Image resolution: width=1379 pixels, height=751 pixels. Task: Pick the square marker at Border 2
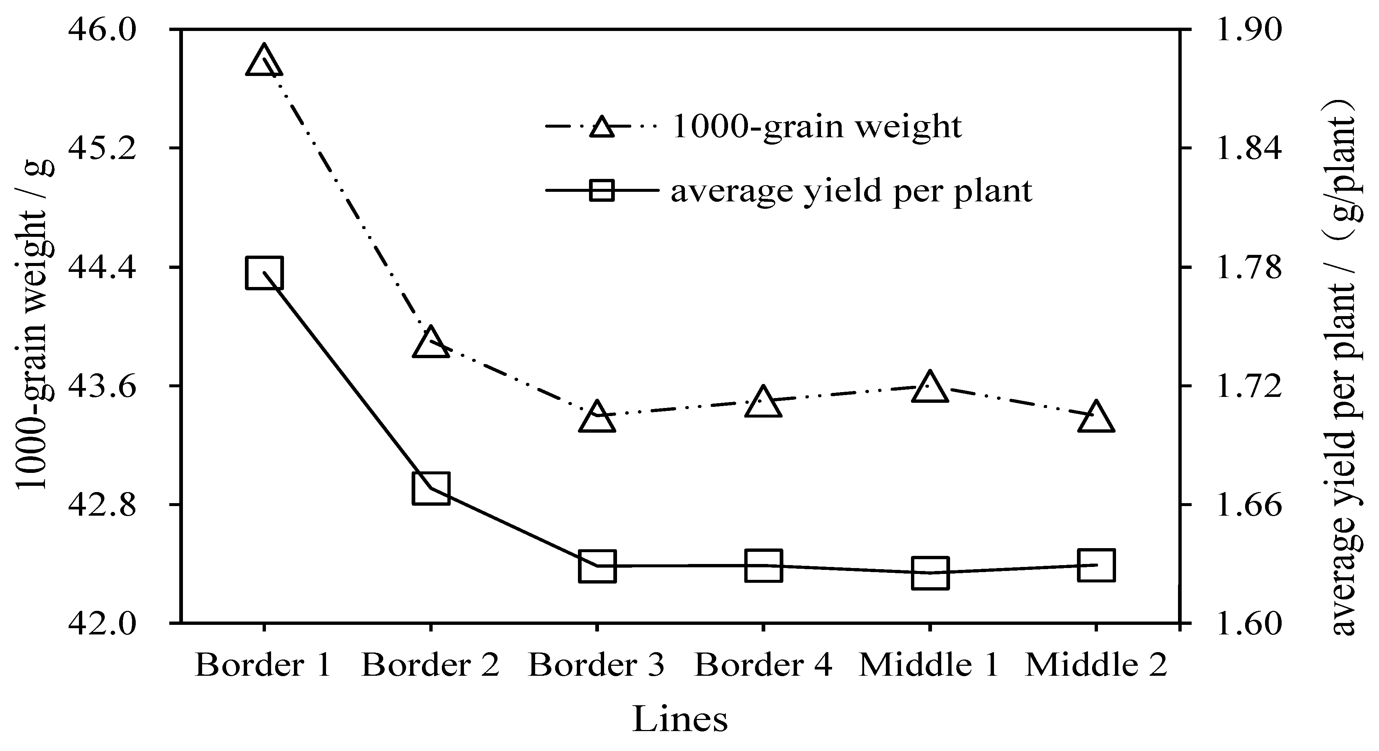coord(430,488)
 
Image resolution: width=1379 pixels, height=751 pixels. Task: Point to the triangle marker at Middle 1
coord(930,387)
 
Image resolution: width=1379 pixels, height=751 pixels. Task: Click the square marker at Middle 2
coord(1096,565)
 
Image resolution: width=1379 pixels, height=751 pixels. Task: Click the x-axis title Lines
coord(680,719)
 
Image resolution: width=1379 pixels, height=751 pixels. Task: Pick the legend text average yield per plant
coord(851,191)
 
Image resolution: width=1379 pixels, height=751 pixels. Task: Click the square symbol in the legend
coord(602,191)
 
